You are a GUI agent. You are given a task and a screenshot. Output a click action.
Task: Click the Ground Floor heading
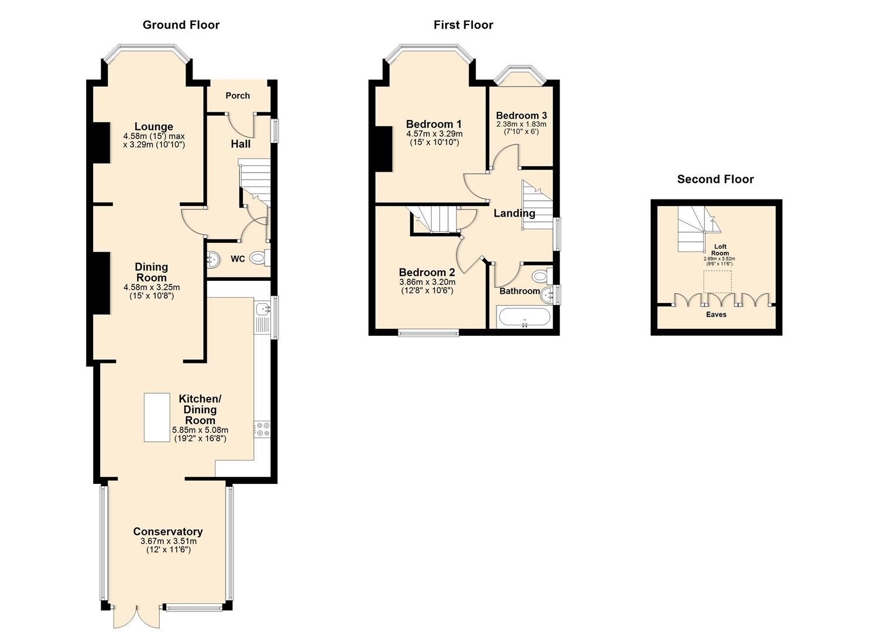181,25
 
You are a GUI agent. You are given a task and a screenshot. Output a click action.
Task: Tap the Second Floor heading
715,179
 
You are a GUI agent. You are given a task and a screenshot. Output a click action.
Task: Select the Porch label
238,95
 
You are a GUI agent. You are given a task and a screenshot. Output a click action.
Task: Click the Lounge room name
153,126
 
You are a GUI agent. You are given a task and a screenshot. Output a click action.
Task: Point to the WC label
238,259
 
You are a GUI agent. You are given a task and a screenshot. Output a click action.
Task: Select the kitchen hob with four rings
262,429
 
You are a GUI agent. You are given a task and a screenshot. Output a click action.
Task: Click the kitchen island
157,417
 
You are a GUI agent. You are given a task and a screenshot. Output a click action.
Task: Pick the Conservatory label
168,531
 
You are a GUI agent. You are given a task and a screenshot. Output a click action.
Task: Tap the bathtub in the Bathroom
524,318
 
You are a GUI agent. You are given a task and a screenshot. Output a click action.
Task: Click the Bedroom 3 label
521,115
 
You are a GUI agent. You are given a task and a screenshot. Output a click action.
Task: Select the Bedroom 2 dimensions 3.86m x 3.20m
427,282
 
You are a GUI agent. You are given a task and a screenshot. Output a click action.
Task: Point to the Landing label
514,213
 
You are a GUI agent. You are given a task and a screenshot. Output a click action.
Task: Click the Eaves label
716,314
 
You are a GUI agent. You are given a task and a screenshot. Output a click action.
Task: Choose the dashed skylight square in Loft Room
717,281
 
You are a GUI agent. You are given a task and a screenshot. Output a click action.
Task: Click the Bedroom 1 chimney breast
383,149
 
